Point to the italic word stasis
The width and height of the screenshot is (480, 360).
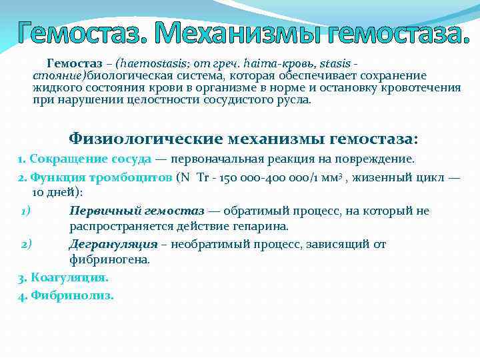(337, 63)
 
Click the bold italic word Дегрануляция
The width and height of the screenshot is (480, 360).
(113, 244)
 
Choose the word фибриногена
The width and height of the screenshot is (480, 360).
(109, 260)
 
